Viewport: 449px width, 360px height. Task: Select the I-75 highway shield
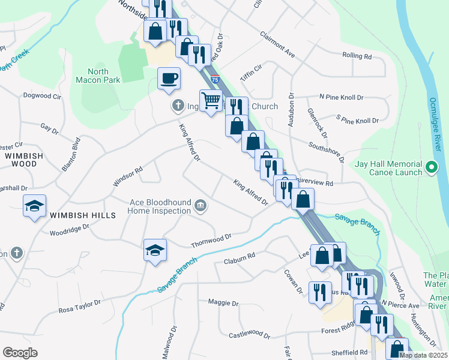coord(214,78)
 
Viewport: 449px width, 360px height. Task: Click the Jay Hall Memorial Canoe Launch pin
coord(431,167)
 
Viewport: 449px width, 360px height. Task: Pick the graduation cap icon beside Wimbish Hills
coord(35,207)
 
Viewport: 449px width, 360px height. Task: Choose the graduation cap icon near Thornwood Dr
coord(155,250)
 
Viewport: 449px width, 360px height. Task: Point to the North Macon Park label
coord(98,76)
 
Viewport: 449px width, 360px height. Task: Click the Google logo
coord(20,353)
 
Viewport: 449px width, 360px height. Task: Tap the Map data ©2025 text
coord(423,355)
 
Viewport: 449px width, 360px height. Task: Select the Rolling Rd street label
coord(357,56)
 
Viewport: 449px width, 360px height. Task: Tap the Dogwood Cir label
coord(42,95)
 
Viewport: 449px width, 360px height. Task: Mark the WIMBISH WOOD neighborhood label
coord(21,159)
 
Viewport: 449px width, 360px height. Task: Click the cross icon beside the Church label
coord(177,107)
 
